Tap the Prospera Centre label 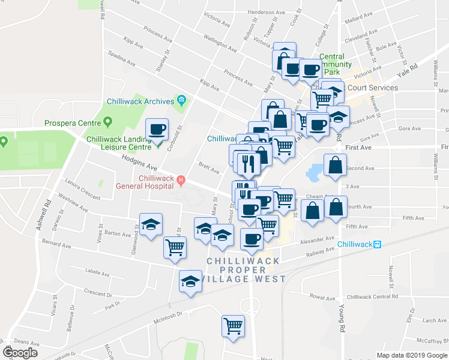[x=73, y=124]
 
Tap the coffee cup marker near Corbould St [x=158, y=129]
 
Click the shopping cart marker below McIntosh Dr [x=232, y=326]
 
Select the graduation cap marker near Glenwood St [x=151, y=225]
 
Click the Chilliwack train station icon [x=378, y=244]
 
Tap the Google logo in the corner [x=20, y=353]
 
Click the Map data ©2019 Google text [x=412, y=355]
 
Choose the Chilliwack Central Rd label [x=372, y=296]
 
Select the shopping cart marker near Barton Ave [x=175, y=247]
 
